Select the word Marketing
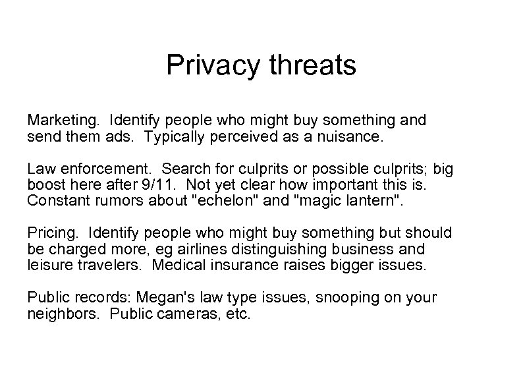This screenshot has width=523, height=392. point(61,121)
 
